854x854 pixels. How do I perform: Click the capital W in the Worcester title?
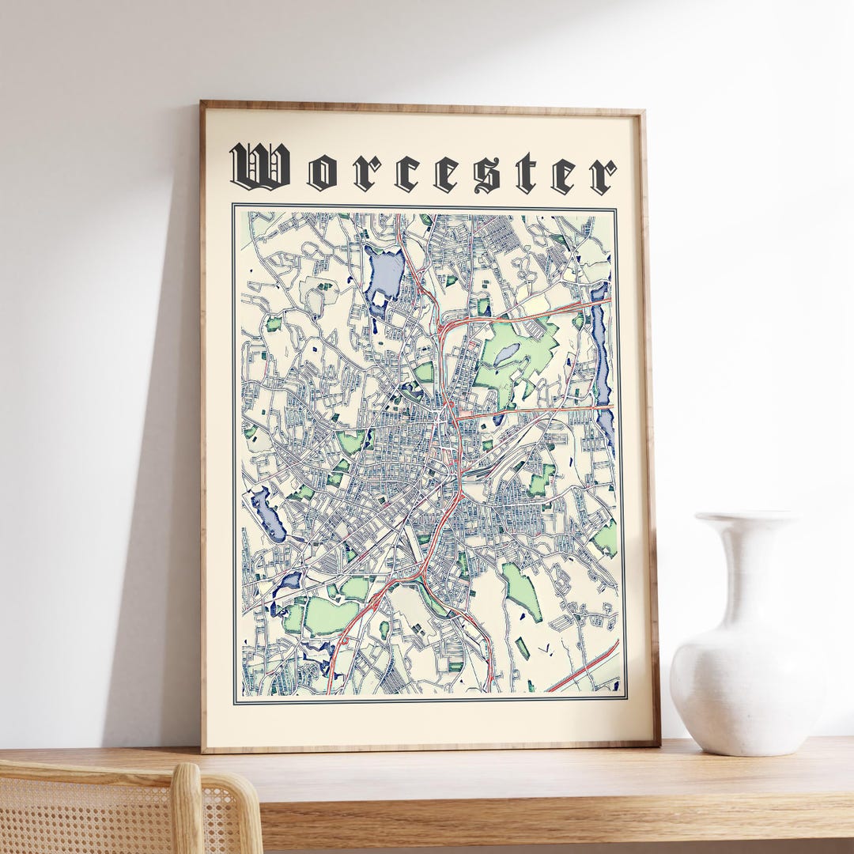tap(259, 166)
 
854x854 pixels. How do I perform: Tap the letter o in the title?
tap(322, 174)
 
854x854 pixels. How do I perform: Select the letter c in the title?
tap(406, 175)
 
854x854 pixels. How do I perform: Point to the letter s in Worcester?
tap(486, 175)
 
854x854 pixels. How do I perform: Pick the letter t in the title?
tap(526, 173)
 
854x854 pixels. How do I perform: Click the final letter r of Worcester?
tap(603, 176)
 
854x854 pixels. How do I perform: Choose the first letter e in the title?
tap(446, 175)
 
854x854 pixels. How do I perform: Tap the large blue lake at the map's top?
tap(385, 273)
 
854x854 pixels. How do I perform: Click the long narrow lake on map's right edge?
tap(601, 356)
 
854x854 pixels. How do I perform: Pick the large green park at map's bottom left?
tap(331, 615)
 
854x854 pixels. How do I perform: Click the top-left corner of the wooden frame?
tap(203, 104)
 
